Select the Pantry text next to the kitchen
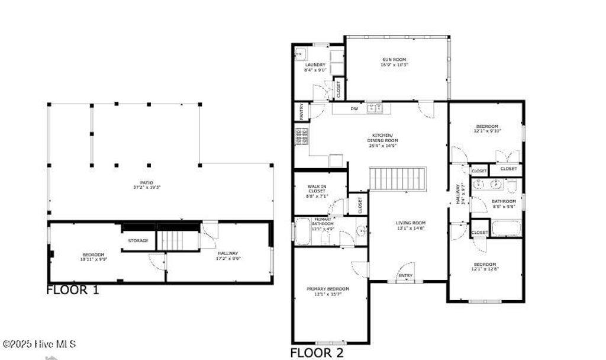tap(301, 112)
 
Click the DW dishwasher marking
tap(354, 108)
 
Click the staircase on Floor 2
tap(398, 178)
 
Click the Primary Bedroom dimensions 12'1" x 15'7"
tap(328, 294)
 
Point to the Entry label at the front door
tap(405, 276)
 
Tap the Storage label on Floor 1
tap(138, 240)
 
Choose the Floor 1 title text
tap(73, 290)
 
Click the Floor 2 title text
tap(316, 353)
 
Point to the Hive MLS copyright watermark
tap(39, 343)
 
